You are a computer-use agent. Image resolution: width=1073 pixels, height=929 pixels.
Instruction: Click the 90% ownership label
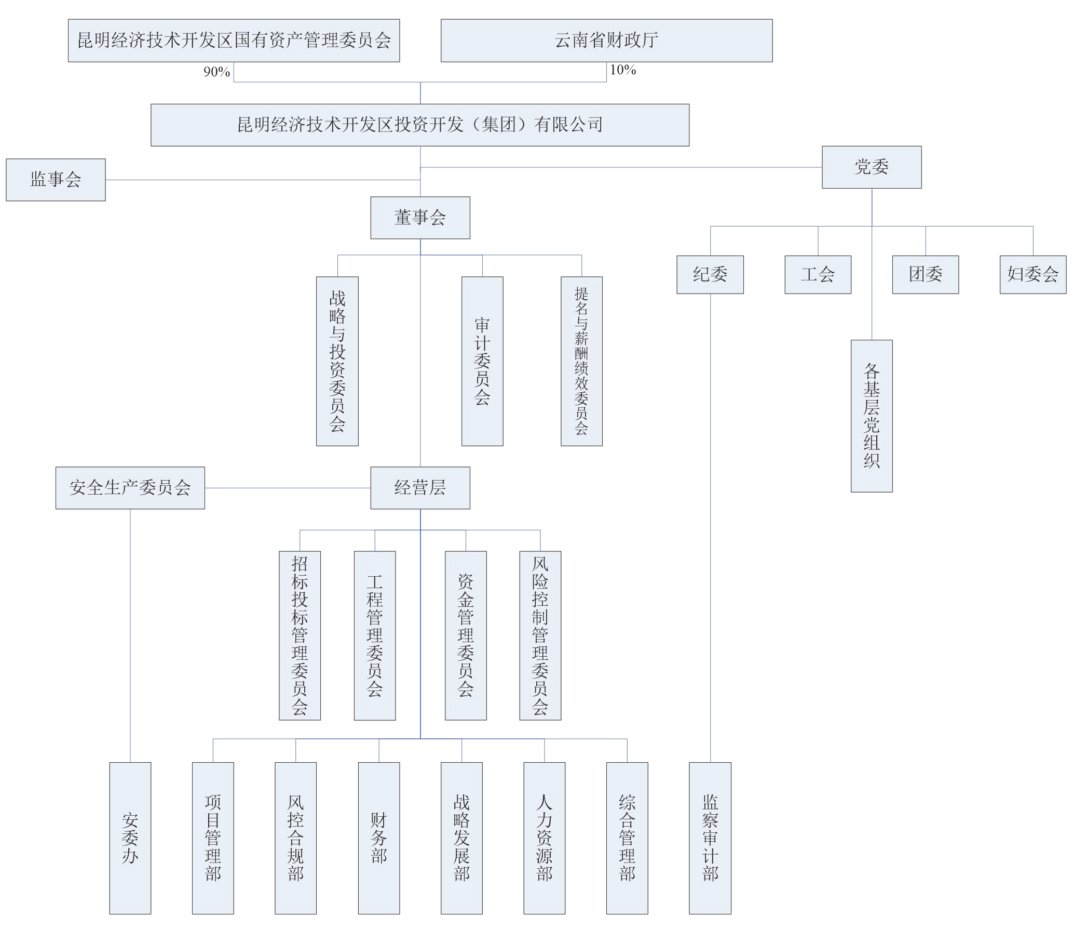click(216, 72)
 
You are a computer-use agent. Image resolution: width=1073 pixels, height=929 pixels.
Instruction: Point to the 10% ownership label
click(622, 70)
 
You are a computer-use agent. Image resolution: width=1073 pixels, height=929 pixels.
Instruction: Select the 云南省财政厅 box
click(606, 41)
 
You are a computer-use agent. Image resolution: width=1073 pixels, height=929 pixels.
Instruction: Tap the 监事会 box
click(56, 180)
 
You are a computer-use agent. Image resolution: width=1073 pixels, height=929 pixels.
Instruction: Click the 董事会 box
click(420, 218)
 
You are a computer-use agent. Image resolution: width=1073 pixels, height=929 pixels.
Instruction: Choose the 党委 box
click(871, 167)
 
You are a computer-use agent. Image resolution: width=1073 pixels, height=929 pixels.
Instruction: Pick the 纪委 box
click(710, 274)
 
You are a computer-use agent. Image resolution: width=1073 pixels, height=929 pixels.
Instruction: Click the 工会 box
click(818, 274)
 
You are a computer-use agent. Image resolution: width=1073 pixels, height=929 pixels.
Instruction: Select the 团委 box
click(925, 274)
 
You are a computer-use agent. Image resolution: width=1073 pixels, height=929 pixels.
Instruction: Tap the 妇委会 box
click(1033, 274)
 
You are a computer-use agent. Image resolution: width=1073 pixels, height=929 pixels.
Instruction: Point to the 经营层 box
click(420, 488)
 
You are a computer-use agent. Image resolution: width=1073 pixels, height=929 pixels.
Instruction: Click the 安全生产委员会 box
click(130, 488)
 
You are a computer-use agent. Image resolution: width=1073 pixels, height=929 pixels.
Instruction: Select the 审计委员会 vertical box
click(482, 361)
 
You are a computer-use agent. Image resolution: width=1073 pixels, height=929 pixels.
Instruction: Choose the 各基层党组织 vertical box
click(872, 416)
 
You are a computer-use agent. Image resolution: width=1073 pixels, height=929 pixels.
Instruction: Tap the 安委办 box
click(130, 838)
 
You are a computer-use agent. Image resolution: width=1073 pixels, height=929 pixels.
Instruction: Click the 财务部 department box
click(378, 838)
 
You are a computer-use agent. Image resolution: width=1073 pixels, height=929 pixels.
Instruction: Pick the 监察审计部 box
click(710, 838)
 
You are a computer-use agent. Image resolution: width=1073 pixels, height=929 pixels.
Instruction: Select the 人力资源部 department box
click(544, 838)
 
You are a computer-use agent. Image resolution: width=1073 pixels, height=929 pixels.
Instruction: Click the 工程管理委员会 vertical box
click(374, 635)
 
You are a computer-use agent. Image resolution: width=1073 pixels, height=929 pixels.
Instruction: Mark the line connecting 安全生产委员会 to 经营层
click(287, 488)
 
